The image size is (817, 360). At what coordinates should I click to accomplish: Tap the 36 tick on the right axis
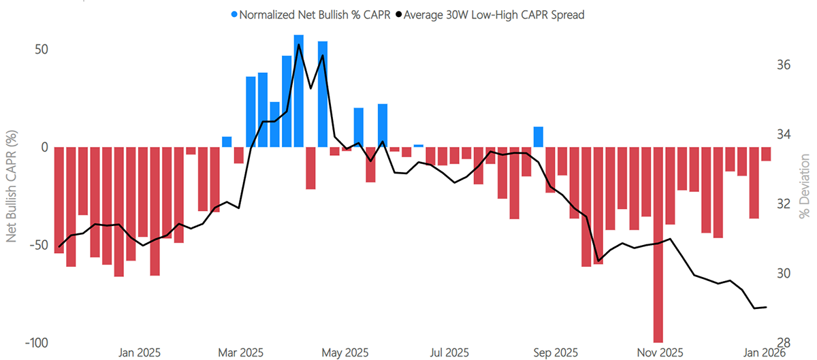[x=784, y=65]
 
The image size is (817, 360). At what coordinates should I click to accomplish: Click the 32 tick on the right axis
[x=784, y=204]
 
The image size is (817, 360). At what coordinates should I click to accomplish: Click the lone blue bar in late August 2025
[x=538, y=137]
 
